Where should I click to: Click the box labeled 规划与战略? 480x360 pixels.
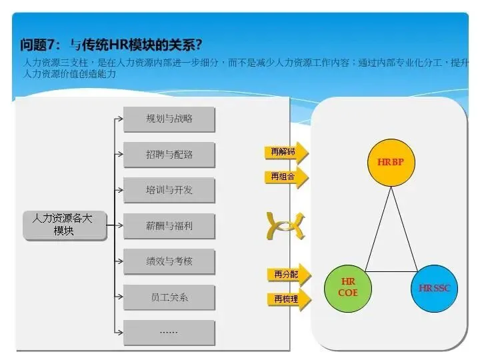click(169, 119)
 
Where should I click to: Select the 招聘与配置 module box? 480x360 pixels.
click(169, 155)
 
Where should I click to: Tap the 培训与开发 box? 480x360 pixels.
click(169, 190)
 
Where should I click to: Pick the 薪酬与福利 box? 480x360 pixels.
click(169, 226)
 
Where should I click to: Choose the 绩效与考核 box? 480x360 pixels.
click(169, 261)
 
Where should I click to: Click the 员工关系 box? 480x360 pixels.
click(169, 297)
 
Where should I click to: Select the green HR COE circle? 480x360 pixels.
click(347, 287)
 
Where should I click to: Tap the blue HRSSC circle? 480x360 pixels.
click(434, 288)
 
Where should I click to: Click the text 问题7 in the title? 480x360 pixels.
click(41, 45)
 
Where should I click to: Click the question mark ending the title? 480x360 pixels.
click(199, 45)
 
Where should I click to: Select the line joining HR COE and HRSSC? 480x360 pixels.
click(391, 271)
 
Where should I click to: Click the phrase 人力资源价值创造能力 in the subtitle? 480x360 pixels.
click(70, 74)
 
